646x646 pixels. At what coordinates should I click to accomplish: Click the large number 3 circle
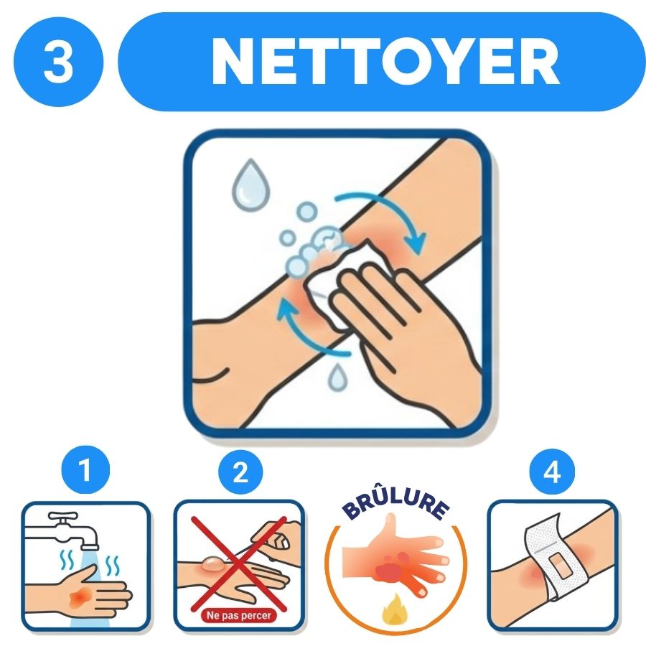point(59,62)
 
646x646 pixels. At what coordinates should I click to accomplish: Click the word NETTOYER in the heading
point(385,62)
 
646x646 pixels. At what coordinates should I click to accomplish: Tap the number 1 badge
point(85,470)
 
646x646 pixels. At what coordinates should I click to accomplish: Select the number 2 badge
point(240,472)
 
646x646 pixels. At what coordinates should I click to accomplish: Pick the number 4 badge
point(552,472)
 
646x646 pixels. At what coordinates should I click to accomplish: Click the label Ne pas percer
point(238,616)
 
